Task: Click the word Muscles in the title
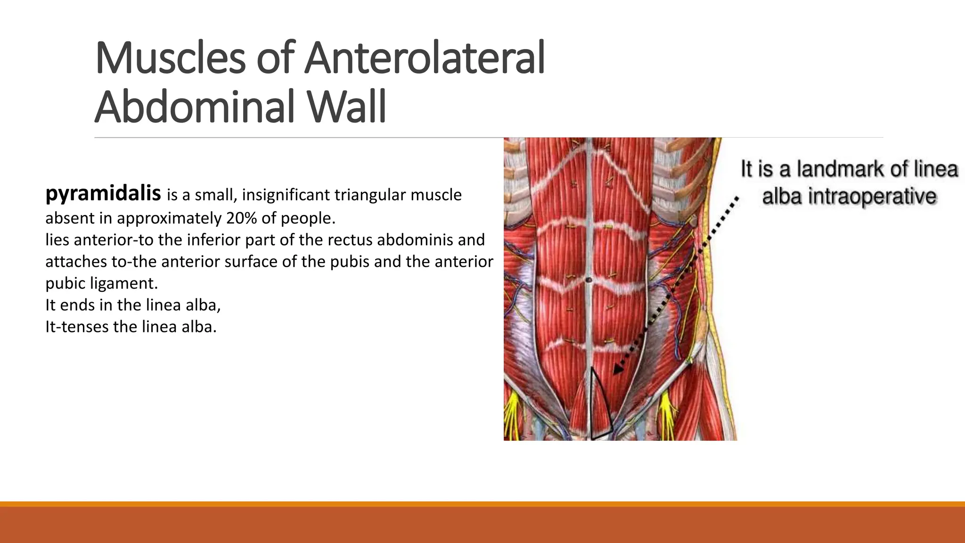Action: coord(170,58)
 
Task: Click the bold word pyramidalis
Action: coord(103,194)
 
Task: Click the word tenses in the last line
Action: coord(86,327)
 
